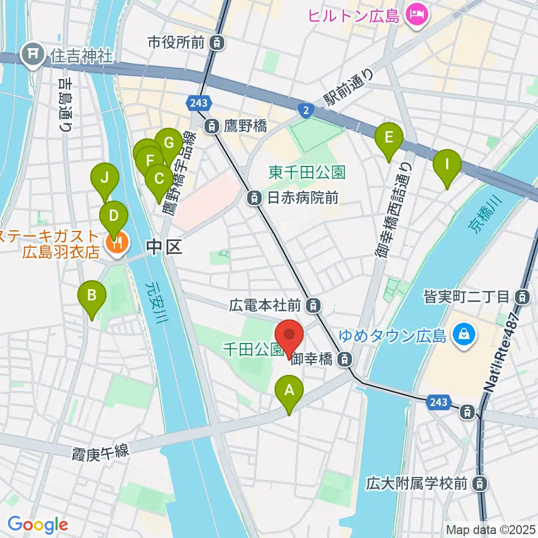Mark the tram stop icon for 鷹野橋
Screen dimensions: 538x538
click(x=212, y=126)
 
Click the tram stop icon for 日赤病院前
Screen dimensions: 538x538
click(x=254, y=197)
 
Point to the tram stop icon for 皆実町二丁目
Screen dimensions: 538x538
click(x=522, y=296)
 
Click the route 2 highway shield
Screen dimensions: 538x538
click(x=305, y=111)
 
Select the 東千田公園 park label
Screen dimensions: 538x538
click(x=307, y=172)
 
